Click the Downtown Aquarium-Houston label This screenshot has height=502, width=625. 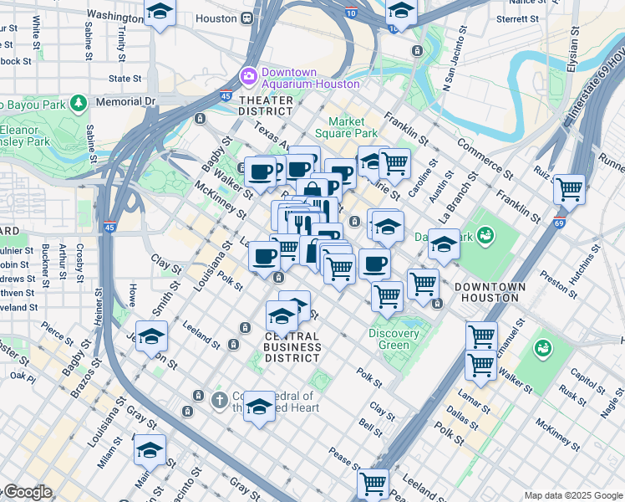[310, 77]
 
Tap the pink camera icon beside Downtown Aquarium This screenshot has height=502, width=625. [248, 77]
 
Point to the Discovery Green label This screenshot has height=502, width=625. [394, 339]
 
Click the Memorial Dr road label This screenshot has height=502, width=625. [125, 101]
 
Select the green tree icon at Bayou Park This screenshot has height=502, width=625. [79, 104]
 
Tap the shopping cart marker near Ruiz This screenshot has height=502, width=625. [569, 189]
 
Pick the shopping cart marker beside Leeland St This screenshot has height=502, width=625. [373, 483]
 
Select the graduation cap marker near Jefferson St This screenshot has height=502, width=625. [151, 336]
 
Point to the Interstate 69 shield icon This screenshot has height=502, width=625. [559, 223]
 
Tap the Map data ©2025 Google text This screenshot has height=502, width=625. [572, 494]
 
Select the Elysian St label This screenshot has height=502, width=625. [573, 50]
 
